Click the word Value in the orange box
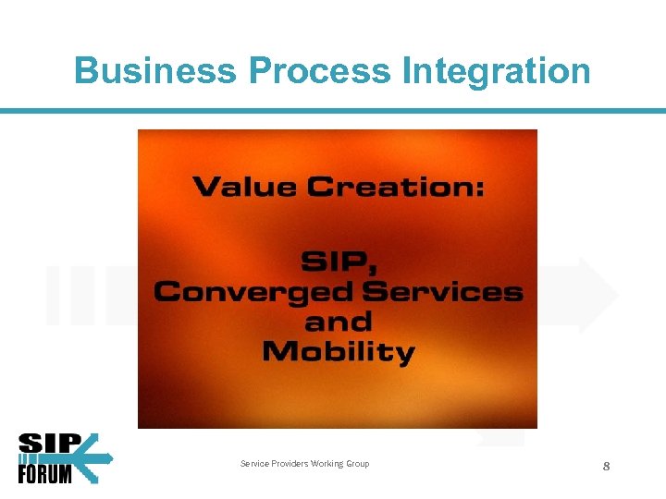tap(244, 187)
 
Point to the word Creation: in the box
tap(395, 187)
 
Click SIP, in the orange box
tap(338, 262)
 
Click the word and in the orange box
tap(338, 322)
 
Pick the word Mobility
tap(338, 353)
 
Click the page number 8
tap(606, 467)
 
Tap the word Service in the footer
tap(255, 464)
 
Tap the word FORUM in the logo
tap(45, 473)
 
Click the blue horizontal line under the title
tap(333, 111)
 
